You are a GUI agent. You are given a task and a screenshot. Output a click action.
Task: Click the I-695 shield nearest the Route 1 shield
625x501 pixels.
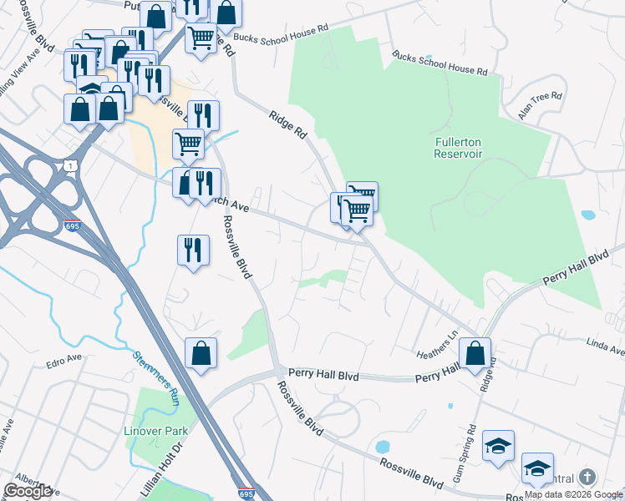(72, 226)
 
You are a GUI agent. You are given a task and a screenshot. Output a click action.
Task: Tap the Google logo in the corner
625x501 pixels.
(27, 491)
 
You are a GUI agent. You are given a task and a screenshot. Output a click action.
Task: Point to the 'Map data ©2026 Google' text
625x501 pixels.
(573, 494)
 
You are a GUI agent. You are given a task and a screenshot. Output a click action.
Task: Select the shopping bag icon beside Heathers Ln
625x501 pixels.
(475, 352)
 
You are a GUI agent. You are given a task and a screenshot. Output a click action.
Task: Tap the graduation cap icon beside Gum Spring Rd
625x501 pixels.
(499, 446)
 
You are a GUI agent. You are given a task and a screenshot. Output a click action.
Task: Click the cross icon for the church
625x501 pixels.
(587, 477)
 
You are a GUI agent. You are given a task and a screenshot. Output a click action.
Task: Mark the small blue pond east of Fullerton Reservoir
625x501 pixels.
(587, 215)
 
